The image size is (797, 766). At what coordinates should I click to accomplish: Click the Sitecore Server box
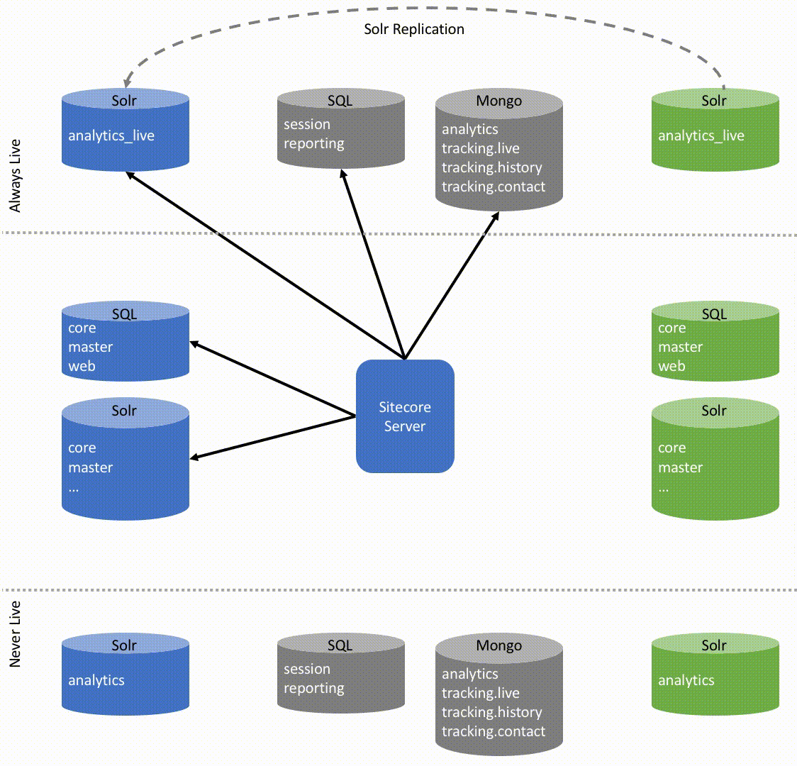[x=405, y=416]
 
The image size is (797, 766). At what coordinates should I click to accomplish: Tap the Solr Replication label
[x=414, y=29]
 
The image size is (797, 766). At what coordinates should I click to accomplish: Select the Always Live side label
[x=15, y=176]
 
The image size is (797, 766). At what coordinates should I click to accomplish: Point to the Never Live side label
[x=15, y=633]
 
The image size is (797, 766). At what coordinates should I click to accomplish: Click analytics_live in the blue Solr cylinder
[x=111, y=135]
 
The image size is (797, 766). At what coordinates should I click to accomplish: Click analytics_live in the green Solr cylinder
[x=701, y=135]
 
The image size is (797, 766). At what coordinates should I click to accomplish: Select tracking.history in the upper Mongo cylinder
[x=491, y=167]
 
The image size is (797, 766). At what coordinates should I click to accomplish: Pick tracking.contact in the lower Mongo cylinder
[x=494, y=731]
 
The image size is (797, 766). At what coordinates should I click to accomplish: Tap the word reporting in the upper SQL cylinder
[x=313, y=143]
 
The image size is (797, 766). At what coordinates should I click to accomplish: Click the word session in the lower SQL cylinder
[x=306, y=669]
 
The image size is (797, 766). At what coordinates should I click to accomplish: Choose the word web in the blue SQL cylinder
[x=82, y=366]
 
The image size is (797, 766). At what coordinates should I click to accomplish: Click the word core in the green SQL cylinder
[x=671, y=328]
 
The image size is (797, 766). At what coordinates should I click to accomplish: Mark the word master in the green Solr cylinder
[x=680, y=467]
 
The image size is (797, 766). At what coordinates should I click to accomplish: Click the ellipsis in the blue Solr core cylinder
[x=74, y=488]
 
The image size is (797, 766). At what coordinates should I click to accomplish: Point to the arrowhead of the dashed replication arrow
[x=126, y=82]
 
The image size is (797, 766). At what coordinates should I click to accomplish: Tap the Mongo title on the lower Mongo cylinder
[x=498, y=645]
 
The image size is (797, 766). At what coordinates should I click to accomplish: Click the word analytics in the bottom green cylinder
[x=686, y=680]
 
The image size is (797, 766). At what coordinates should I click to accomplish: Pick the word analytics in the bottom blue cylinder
[x=96, y=680]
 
